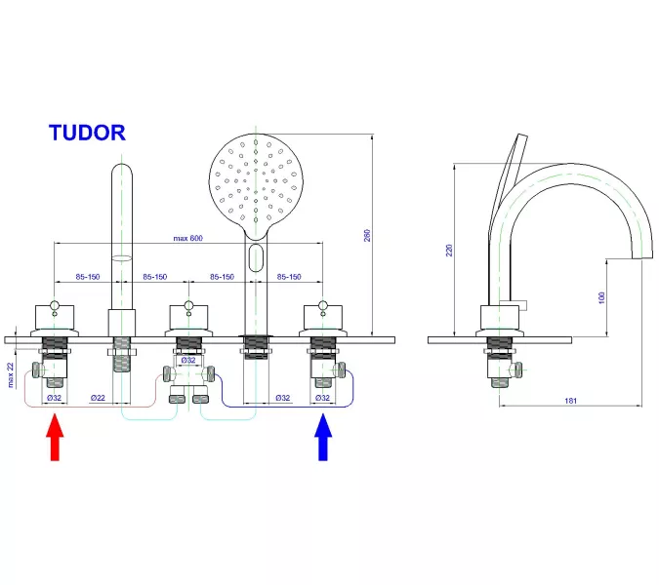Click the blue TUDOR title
87,134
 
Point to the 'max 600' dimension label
189,239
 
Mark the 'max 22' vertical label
11,374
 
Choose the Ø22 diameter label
98,398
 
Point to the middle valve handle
187,314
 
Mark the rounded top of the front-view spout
121,176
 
